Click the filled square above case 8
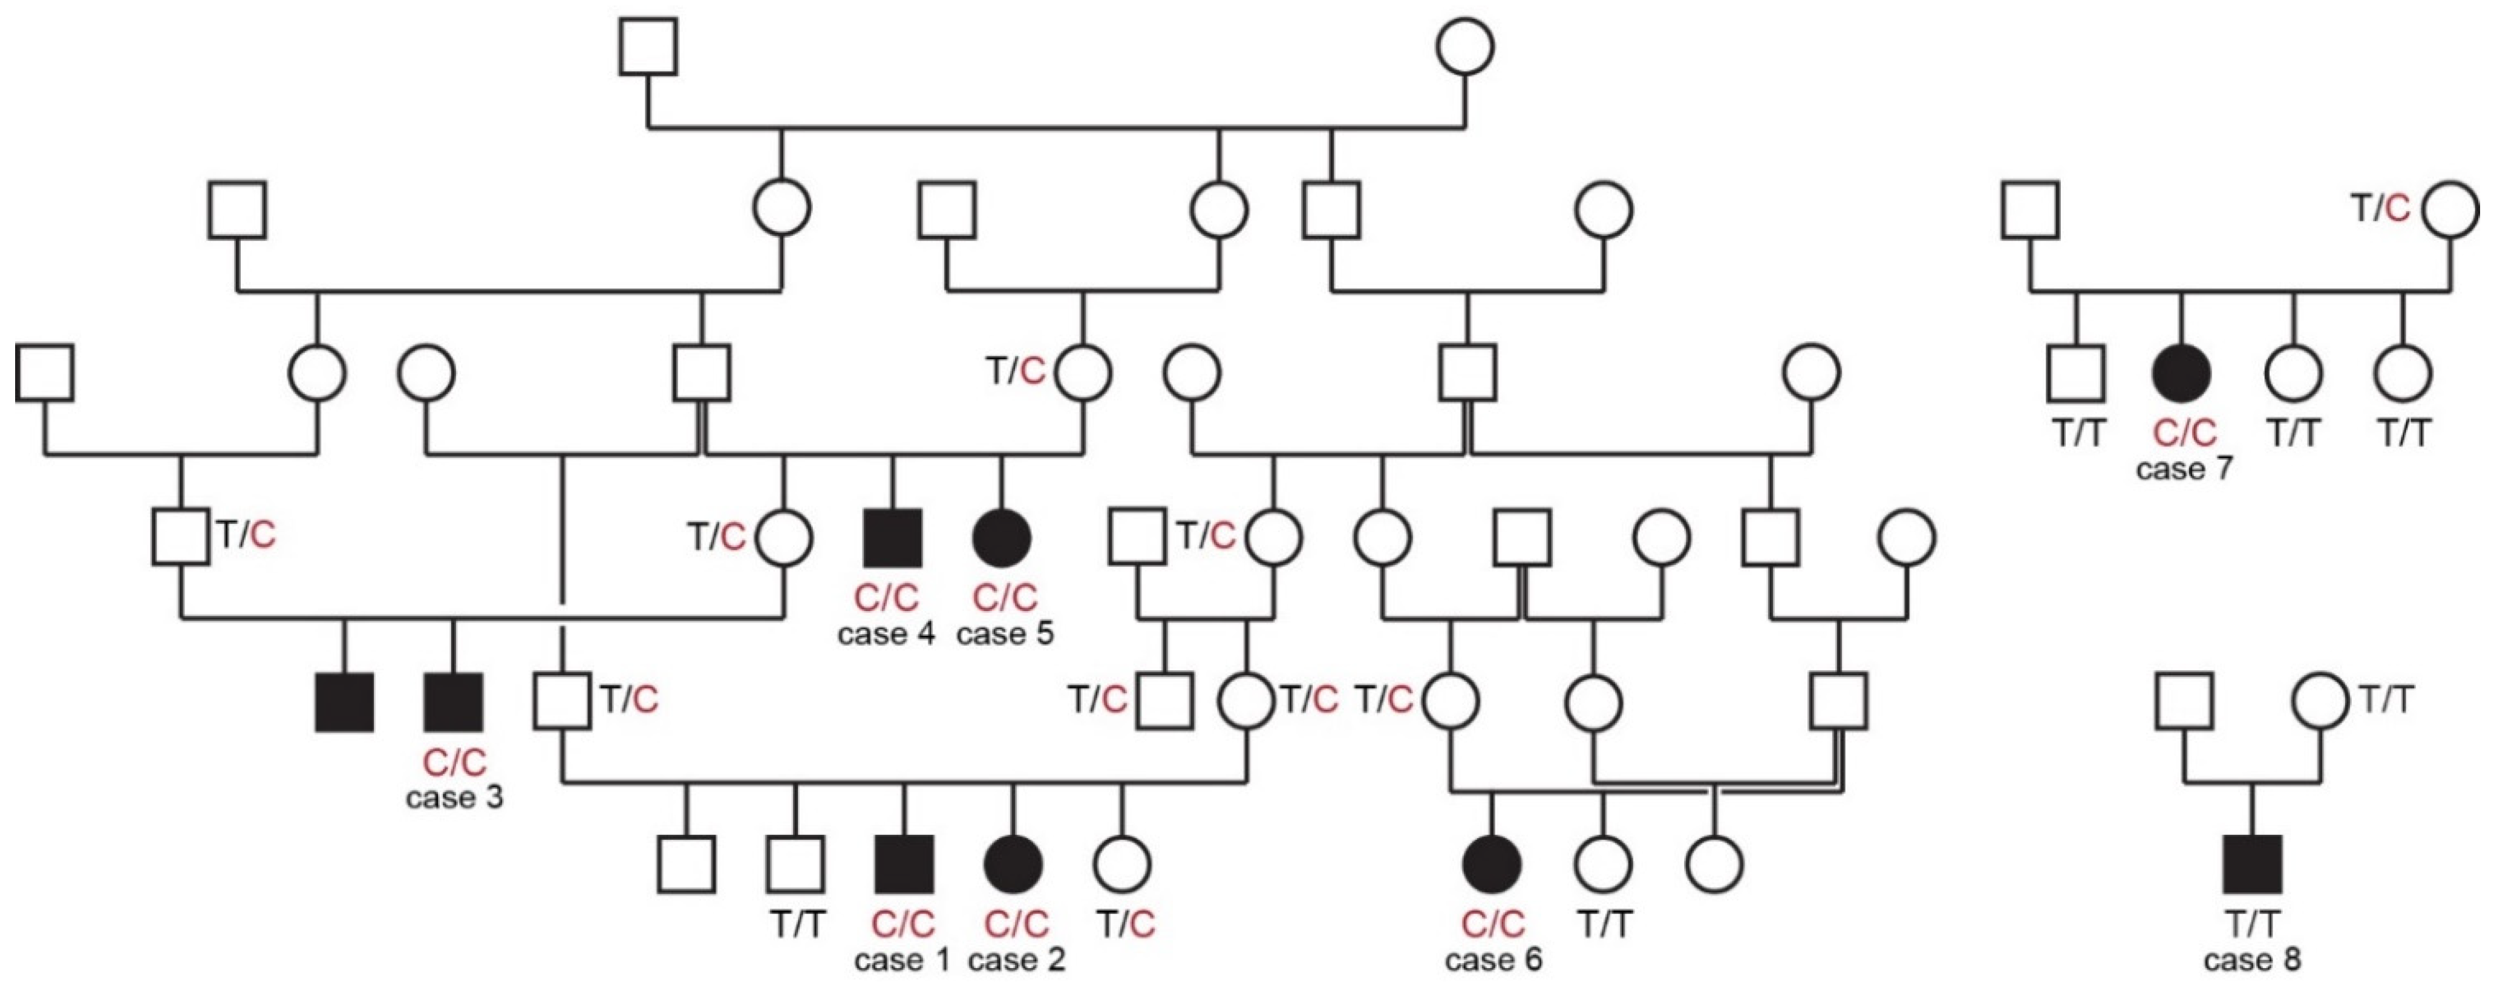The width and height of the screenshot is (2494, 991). pos(2253,864)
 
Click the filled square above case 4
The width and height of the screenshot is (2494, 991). pos(892,538)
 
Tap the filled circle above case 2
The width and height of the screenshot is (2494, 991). pos(1014,864)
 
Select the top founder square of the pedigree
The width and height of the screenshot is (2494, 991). pos(648,47)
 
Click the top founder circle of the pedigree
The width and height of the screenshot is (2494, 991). pos(1465,47)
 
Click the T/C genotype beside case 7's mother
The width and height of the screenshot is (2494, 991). pos(2381,208)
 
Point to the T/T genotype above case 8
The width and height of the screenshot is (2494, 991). pos(2253,924)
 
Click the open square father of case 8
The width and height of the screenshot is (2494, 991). pos(2184,701)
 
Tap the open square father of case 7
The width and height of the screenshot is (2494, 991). pos(2029,209)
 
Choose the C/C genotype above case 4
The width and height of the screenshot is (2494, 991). pos(887,598)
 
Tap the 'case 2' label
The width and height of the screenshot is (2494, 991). pos(1017,960)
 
